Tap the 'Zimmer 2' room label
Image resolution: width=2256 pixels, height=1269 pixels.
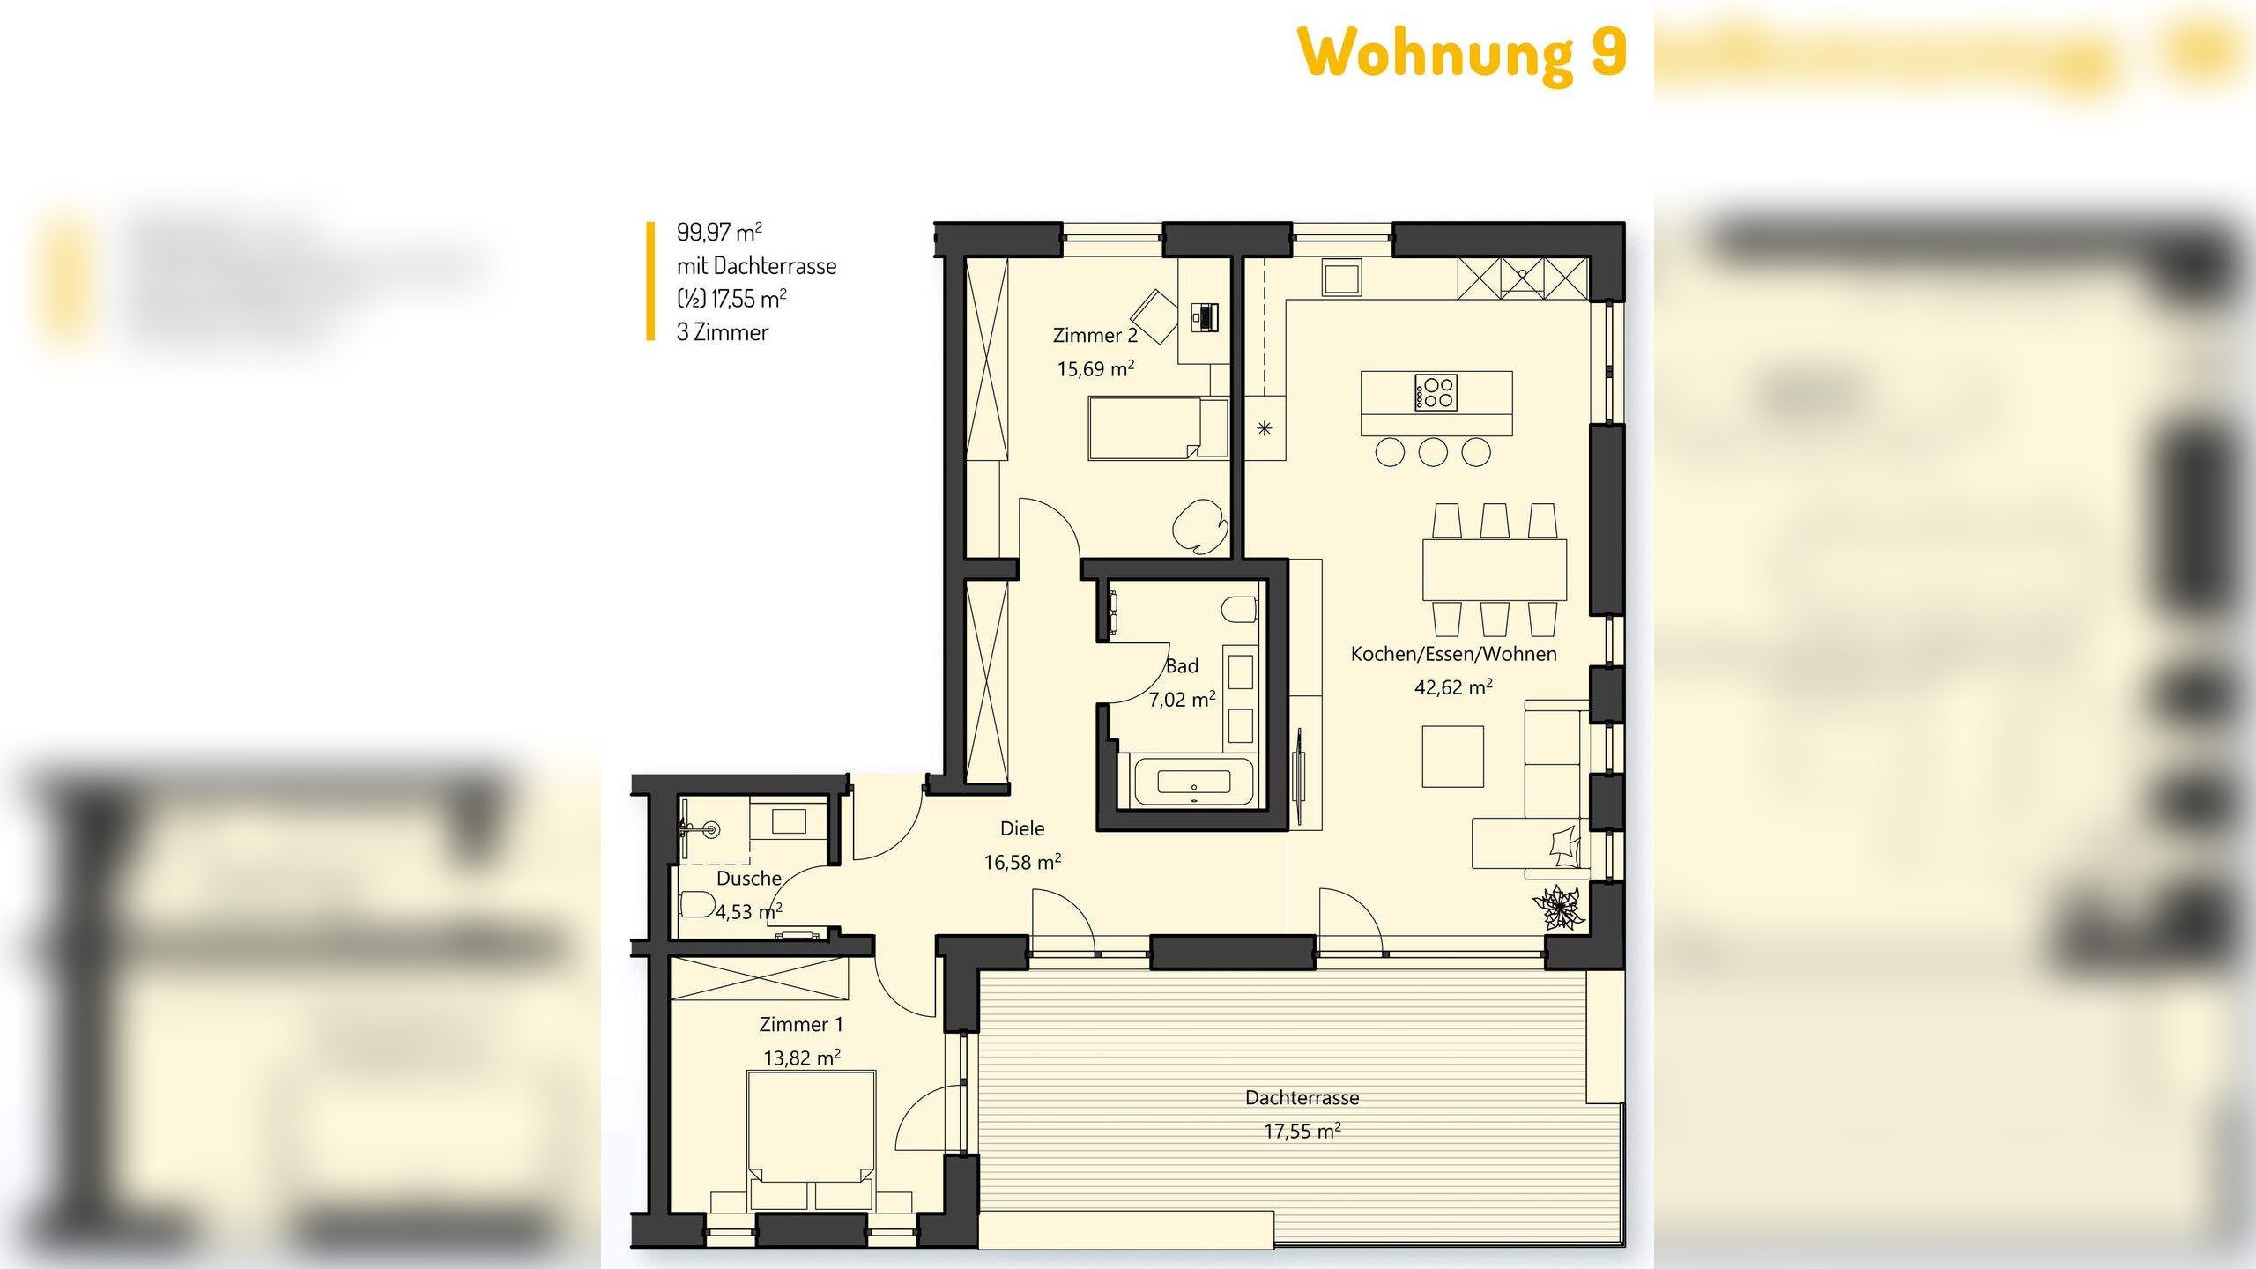pos(1095,336)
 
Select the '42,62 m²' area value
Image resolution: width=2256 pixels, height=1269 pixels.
pos(1452,687)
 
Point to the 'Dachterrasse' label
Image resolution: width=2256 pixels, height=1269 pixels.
pos(1302,1098)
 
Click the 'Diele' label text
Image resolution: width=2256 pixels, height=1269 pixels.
pos(1022,828)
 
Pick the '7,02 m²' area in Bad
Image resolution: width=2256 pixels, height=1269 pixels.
pos(1182,700)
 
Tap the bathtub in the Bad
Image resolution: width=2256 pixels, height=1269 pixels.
pos(1193,781)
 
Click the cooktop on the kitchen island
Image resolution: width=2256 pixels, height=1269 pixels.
pos(1436,392)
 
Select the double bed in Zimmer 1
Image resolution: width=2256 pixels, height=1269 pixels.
pos(811,1137)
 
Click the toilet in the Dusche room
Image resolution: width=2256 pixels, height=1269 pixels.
pos(697,904)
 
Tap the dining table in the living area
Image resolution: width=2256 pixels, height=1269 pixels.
pos(1495,569)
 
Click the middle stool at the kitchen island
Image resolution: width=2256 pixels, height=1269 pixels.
pos(1433,452)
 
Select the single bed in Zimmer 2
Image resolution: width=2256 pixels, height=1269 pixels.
pos(1146,427)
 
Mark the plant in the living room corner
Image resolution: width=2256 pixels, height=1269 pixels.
pos(1558,906)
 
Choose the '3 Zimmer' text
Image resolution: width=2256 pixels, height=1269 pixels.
pos(723,332)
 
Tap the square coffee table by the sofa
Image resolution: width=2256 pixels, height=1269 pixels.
pos(1452,756)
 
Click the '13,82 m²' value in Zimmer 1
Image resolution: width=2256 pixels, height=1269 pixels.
pos(801,1057)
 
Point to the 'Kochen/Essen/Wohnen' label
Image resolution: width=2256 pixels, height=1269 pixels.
pos(1453,654)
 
